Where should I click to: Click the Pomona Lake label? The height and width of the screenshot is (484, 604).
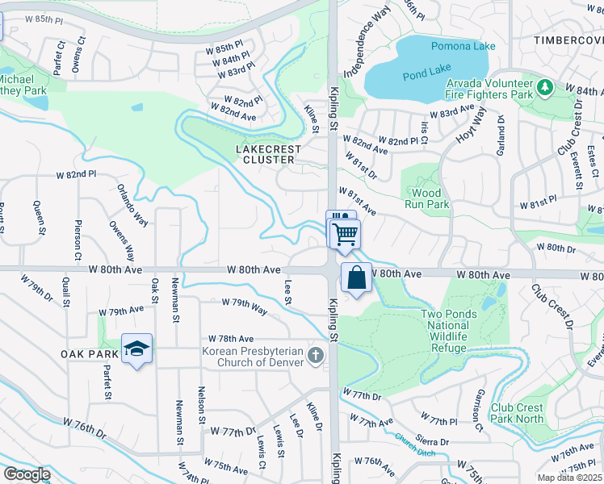tap(463, 46)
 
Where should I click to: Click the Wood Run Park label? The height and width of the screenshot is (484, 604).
tap(426, 199)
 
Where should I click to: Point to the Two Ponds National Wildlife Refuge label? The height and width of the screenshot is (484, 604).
tap(455, 331)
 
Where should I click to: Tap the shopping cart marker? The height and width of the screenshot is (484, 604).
tap(345, 234)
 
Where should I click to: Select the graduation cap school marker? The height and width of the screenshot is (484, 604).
tap(137, 348)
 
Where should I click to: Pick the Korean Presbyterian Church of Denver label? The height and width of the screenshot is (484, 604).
tap(253, 356)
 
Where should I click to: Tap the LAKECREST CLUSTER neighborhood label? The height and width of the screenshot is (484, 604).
tap(268, 154)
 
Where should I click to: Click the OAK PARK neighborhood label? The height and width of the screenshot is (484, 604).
tap(89, 354)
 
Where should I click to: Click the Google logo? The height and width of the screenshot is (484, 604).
tap(27, 474)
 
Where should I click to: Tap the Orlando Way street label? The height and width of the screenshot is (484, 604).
tap(132, 207)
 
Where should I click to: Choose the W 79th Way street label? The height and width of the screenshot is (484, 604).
tap(245, 308)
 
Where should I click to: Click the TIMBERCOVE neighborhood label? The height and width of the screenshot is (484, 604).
tap(568, 40)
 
